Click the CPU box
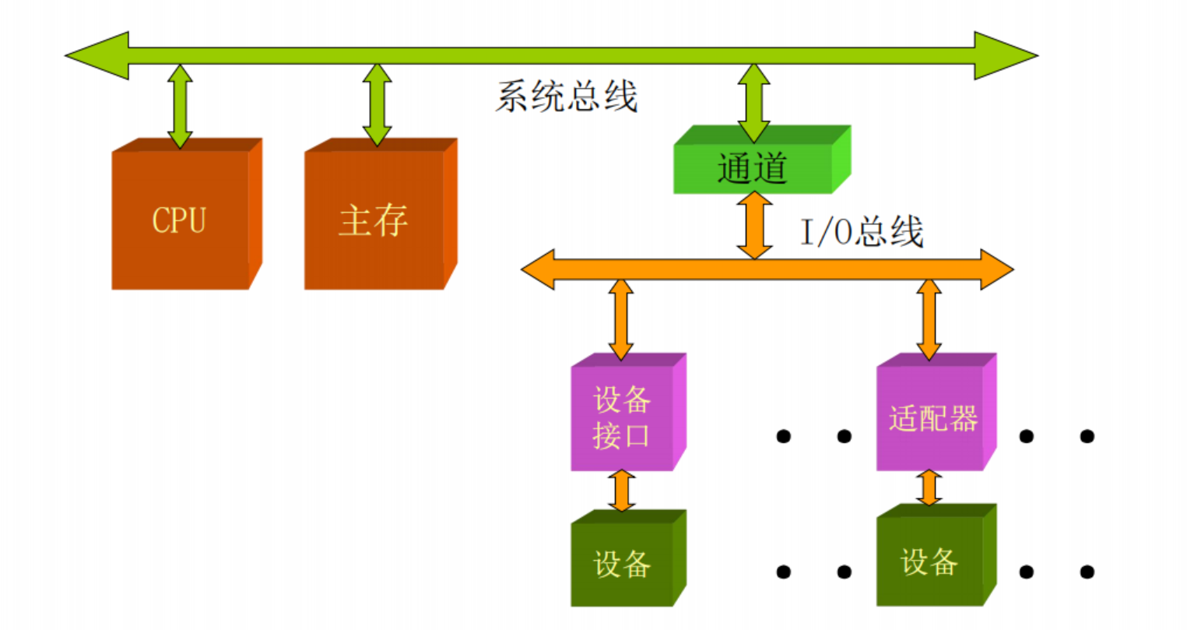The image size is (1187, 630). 180,220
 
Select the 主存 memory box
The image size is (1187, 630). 374,220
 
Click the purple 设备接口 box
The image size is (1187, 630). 622,418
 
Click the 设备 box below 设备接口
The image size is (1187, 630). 622,563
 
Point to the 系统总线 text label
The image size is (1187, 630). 566,97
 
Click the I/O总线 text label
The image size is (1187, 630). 862,232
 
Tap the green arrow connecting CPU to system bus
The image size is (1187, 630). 180,106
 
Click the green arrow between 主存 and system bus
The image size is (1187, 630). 377,106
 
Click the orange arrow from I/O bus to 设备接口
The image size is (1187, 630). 620,319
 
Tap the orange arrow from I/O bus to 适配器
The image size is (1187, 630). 929,319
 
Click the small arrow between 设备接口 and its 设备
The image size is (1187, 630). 620,491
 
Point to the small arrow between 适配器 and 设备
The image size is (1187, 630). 928,487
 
